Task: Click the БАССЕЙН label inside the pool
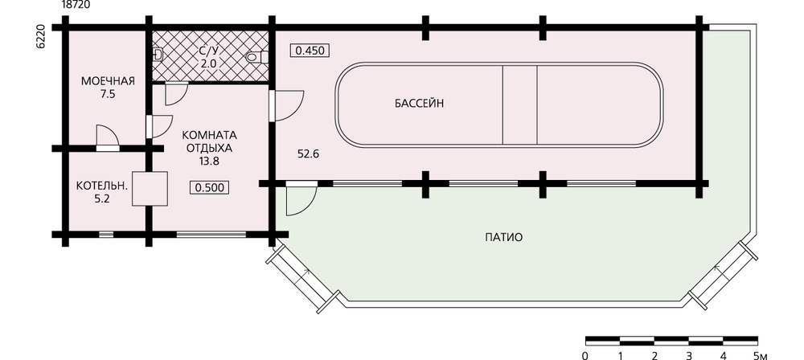(419, 104)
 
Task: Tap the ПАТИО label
(503, 237)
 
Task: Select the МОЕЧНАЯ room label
(108, 81)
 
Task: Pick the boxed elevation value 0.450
(310, 51)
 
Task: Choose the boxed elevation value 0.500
(209, 188)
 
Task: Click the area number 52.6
(309, 153)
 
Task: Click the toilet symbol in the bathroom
(256, 57)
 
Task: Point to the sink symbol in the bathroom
(158, 53)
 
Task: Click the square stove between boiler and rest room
(150, 189)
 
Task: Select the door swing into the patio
(301, 199)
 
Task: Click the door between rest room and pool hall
(286, 105)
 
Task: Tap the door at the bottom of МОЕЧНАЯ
(108, 137)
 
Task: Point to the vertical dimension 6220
(40, 36)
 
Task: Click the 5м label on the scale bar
(760, 355)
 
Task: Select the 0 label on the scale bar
(585, 355)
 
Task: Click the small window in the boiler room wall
(106, 235)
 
